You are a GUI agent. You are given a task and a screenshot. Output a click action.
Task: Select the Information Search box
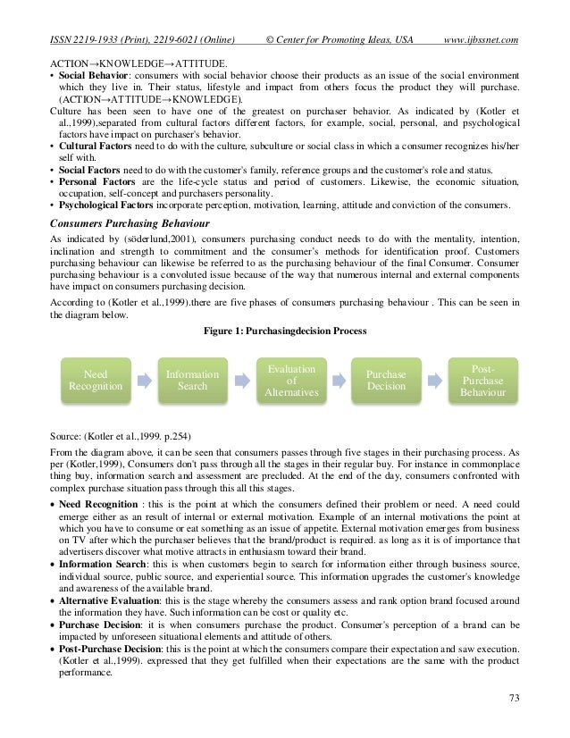(x=192, y=381)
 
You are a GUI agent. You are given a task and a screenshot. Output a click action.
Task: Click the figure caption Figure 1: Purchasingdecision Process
(x=284, y=330)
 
